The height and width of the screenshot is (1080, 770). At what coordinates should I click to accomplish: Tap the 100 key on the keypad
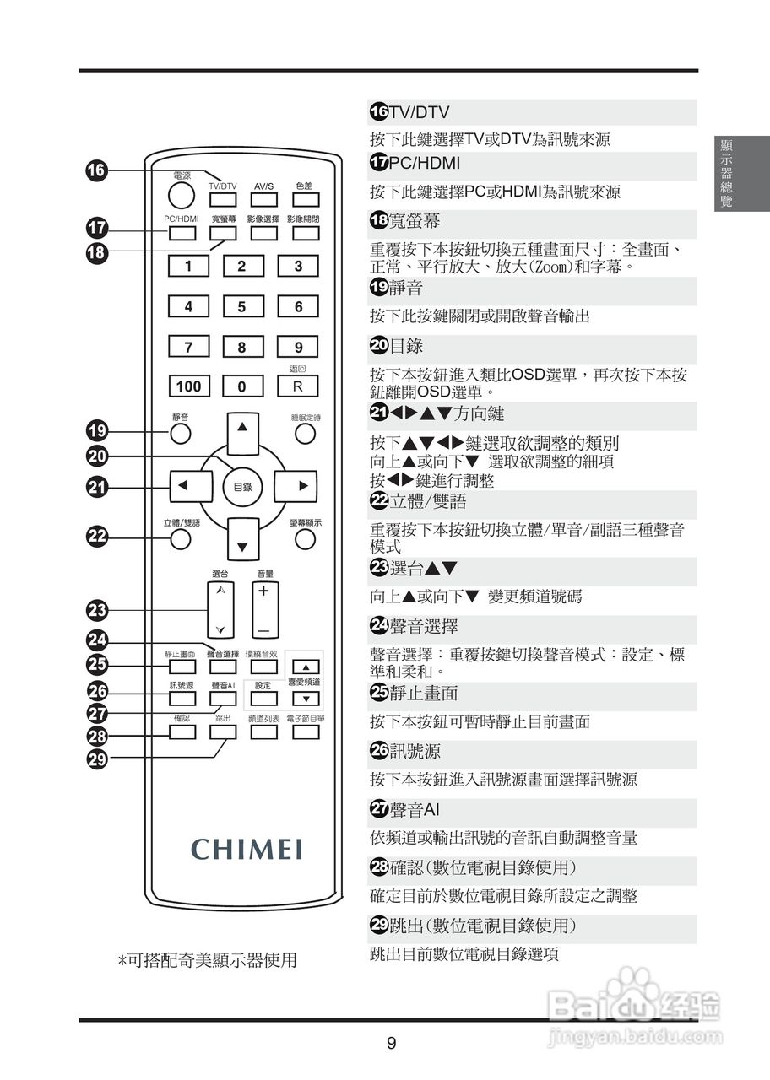188,386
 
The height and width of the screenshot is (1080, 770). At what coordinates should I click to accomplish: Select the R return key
298,386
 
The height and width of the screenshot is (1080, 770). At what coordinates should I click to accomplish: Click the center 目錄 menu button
242,486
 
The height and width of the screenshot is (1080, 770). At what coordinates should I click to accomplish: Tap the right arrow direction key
301,486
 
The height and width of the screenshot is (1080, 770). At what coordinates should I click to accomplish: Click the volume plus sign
263,591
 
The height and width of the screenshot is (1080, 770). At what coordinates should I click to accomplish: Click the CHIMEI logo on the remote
247,848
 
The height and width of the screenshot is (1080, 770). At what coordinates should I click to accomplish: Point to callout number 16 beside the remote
96,170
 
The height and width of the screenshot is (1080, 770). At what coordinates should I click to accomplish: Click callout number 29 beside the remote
96,758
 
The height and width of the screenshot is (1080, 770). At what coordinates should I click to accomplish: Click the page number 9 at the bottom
391,1044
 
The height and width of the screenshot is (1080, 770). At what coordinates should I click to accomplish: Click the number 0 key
242,386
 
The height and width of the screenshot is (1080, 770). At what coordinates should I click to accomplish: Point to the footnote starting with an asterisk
207,960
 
